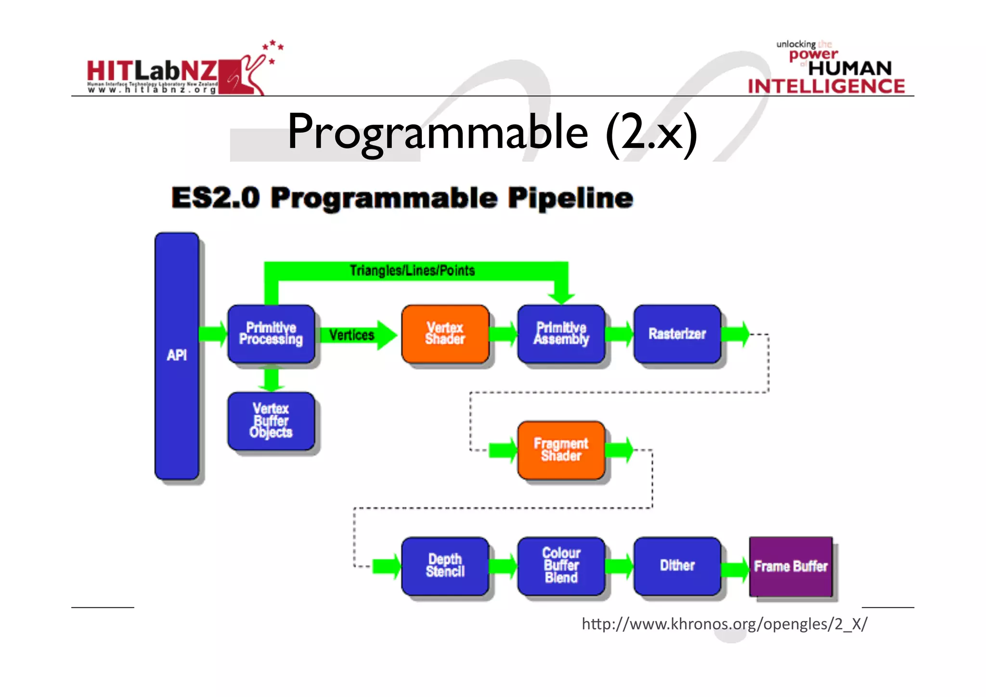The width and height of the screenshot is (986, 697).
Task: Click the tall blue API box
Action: pos(177,355)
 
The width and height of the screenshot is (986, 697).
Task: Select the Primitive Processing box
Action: pos(271,333)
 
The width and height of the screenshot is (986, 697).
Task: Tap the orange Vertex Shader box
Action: pos(445,333)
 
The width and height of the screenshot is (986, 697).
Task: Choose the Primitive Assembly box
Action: pos(561,333)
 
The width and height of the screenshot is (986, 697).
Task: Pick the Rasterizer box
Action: pos(677,333)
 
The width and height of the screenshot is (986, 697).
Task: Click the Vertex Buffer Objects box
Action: pos(271,421)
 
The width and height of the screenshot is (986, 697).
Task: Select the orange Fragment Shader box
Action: pos(561,450)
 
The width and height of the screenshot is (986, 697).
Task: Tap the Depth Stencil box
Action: pos(445,566)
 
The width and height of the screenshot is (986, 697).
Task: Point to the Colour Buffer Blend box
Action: pos(561,566)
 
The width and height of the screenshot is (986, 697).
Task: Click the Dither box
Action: pos(677,566)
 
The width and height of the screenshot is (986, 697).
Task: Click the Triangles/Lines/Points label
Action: pos(412,271)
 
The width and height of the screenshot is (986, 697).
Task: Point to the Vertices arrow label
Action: pos(352,335)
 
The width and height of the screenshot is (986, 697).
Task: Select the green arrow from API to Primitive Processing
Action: pos(213,333)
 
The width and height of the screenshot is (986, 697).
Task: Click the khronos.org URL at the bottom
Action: pos(724,624)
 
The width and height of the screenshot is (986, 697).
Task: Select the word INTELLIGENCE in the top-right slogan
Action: pos(826,87)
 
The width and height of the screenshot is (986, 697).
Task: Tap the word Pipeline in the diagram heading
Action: pos(571,198)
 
